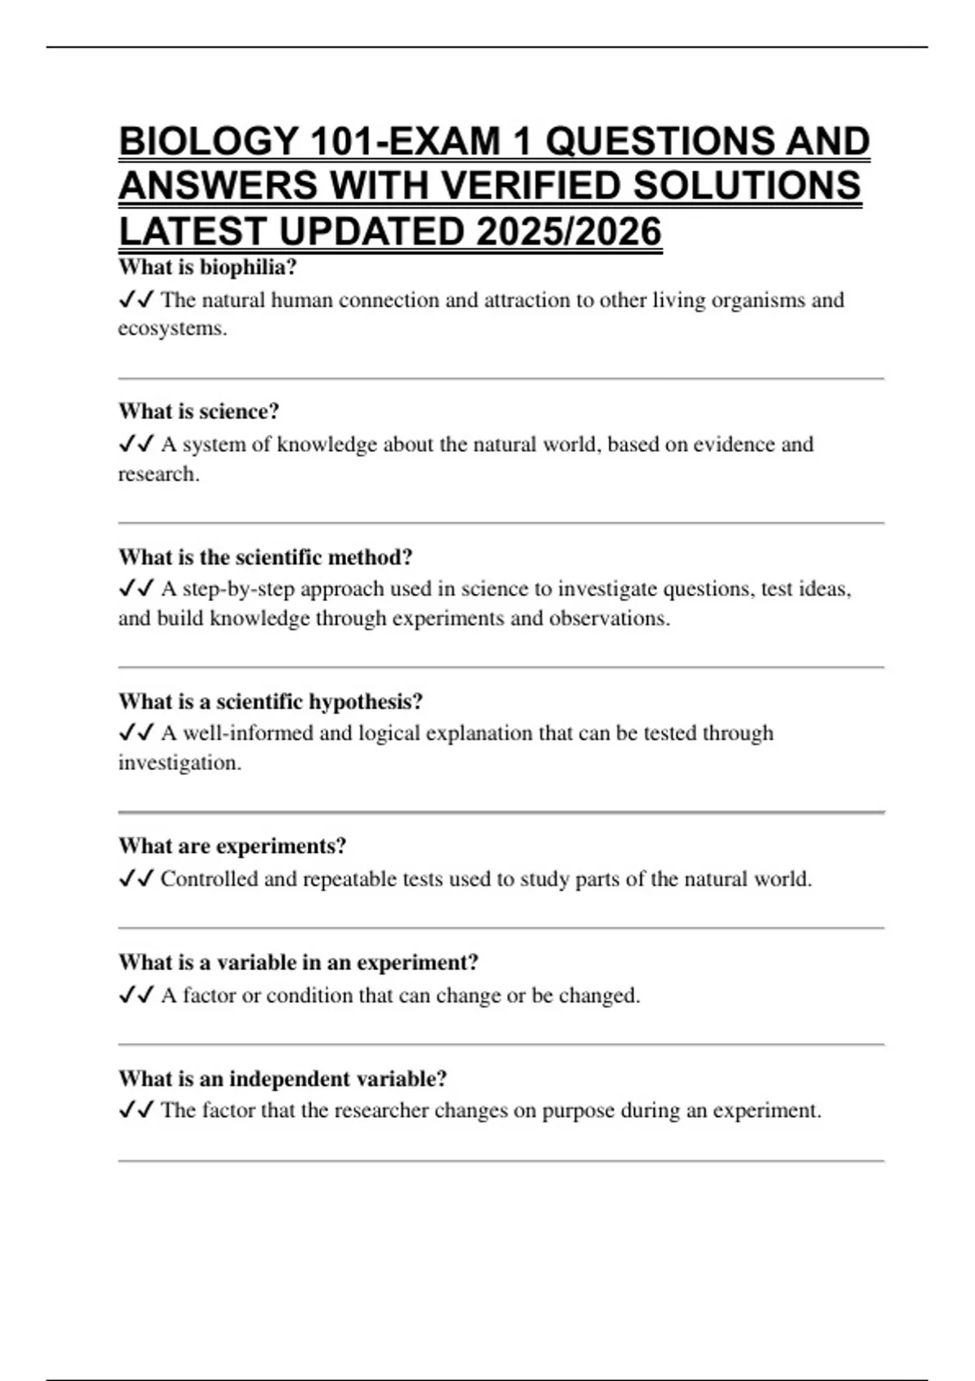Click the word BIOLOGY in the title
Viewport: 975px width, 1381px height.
coord(208,141)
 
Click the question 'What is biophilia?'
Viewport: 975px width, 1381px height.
coord(208,267)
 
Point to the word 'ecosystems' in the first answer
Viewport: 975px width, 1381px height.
coord(171,329)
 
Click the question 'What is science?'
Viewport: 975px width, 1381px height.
coord(199,412)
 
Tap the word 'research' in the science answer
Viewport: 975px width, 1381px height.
coord(157,474)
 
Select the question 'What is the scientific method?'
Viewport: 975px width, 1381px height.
coord(266,557)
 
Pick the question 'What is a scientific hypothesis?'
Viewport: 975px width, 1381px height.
coord(271,702)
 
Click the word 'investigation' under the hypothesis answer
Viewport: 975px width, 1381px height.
coord(178,764)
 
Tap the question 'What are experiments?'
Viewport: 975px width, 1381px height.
coord(232,846)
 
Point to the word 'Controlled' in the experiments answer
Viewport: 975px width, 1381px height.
coord(209,879)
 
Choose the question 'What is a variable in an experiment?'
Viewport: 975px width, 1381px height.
coord(298,963)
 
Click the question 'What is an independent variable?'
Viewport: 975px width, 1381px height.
coord(283,1080)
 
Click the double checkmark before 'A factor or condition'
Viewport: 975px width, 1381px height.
coord(136,995)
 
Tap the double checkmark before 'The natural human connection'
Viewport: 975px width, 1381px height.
coord(136,300)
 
